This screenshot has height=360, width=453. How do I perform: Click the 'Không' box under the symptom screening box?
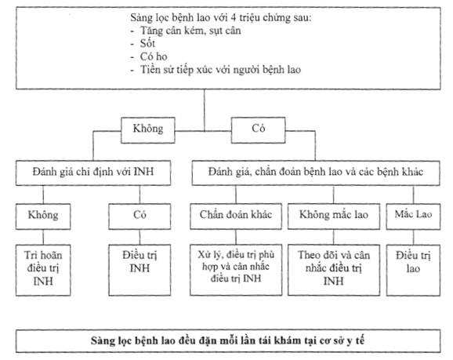tap(148, 130)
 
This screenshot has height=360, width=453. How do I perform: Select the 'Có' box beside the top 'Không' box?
tap(259, 130)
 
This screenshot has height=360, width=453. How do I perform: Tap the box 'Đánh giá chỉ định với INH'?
tap(93, 173)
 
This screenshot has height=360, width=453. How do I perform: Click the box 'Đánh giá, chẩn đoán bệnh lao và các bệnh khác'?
tap(316, 173)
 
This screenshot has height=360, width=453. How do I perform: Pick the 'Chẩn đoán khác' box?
tap(236, 216)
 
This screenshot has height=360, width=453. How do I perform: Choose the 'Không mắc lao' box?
tap(334, 216)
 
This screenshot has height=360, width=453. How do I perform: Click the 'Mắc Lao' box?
tap(413, 216)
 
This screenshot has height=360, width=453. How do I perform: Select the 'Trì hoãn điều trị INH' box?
tap(43, 270)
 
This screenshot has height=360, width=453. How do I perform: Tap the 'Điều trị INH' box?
tap(140, 270)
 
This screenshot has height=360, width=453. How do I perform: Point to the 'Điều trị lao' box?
tap(413, 270)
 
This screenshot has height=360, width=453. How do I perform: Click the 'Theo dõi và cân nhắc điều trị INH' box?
tap(334, 270)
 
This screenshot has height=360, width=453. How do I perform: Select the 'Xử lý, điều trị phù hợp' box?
tap(236, 270)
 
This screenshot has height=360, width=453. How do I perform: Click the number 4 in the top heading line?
tap(234, 18)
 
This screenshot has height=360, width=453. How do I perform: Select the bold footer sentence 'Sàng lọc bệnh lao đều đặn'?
tap(227, 340)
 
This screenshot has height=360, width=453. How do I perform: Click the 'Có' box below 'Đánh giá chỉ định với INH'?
tap(140, 216)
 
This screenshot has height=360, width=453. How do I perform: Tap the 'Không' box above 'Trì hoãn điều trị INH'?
tap(43, 216)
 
